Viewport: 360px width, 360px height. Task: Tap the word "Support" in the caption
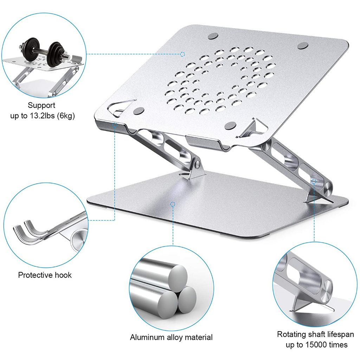[x=41, y=105]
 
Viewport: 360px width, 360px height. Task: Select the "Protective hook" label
[x=45, y=275]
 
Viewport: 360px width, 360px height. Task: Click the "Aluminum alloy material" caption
[x=171, y=337]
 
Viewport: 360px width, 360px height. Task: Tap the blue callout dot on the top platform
[x=182, y=54]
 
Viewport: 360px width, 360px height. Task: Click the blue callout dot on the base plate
[x=172, y=204]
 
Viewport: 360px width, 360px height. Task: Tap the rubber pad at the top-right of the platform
[x=303, y=46]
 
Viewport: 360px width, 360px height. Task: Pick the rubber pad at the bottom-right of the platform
[x=232, y=125]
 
